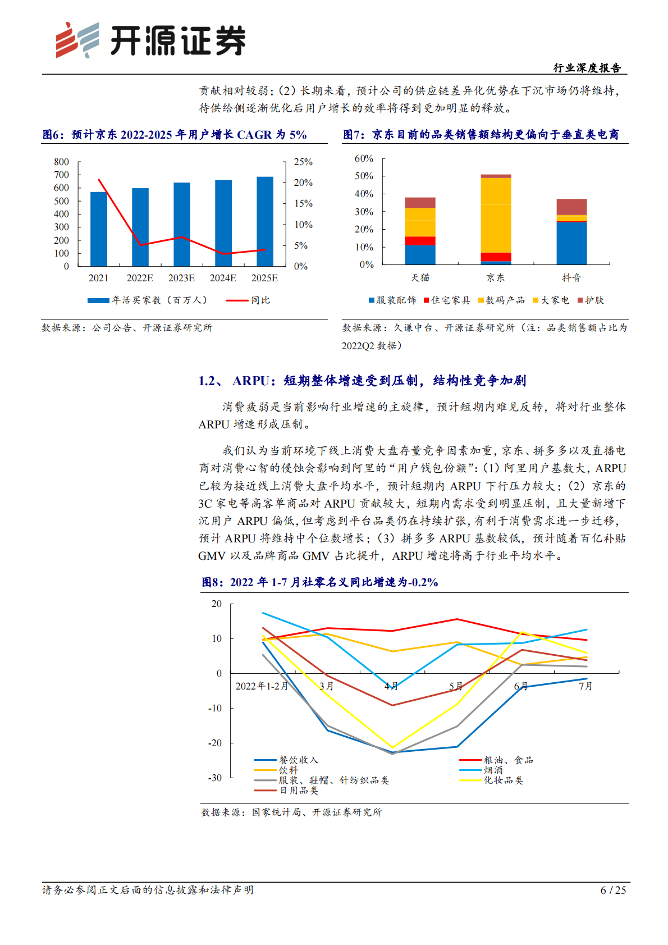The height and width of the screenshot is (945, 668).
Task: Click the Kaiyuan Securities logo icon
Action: click(x=77, y=40)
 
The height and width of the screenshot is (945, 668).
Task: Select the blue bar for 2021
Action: click(x=99, y=229)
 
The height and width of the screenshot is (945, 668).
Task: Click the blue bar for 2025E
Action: click(x=265, y=221)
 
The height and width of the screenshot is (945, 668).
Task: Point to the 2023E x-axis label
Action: click(x=181, y=278)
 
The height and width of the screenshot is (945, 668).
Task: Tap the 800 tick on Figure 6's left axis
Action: click(x=62, y=162)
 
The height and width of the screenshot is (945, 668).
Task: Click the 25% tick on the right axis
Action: click(x=303, y=162)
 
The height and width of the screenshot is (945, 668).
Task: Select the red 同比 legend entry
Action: click(x=248, y=300)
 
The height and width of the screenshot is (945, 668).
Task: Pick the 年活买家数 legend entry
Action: click(x=148, y=300)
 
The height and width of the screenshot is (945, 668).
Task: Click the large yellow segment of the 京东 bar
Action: click(x=496, y=215)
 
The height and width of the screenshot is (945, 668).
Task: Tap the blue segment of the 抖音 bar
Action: click(x=571, y=243)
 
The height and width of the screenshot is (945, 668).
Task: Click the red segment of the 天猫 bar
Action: click(x=420, y=241)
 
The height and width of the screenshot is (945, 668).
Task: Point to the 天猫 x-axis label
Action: click(x=420, y=277)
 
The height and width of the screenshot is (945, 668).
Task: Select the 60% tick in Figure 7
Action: click(x=364, y=158)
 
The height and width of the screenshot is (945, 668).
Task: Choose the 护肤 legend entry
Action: click(x=591, y=300)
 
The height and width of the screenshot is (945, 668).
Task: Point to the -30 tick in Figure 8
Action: click(x=215, y=778)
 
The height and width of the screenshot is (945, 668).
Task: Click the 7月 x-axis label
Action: click(x=585, y=686)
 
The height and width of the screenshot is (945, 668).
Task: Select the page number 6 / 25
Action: click(x=613, y=890)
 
